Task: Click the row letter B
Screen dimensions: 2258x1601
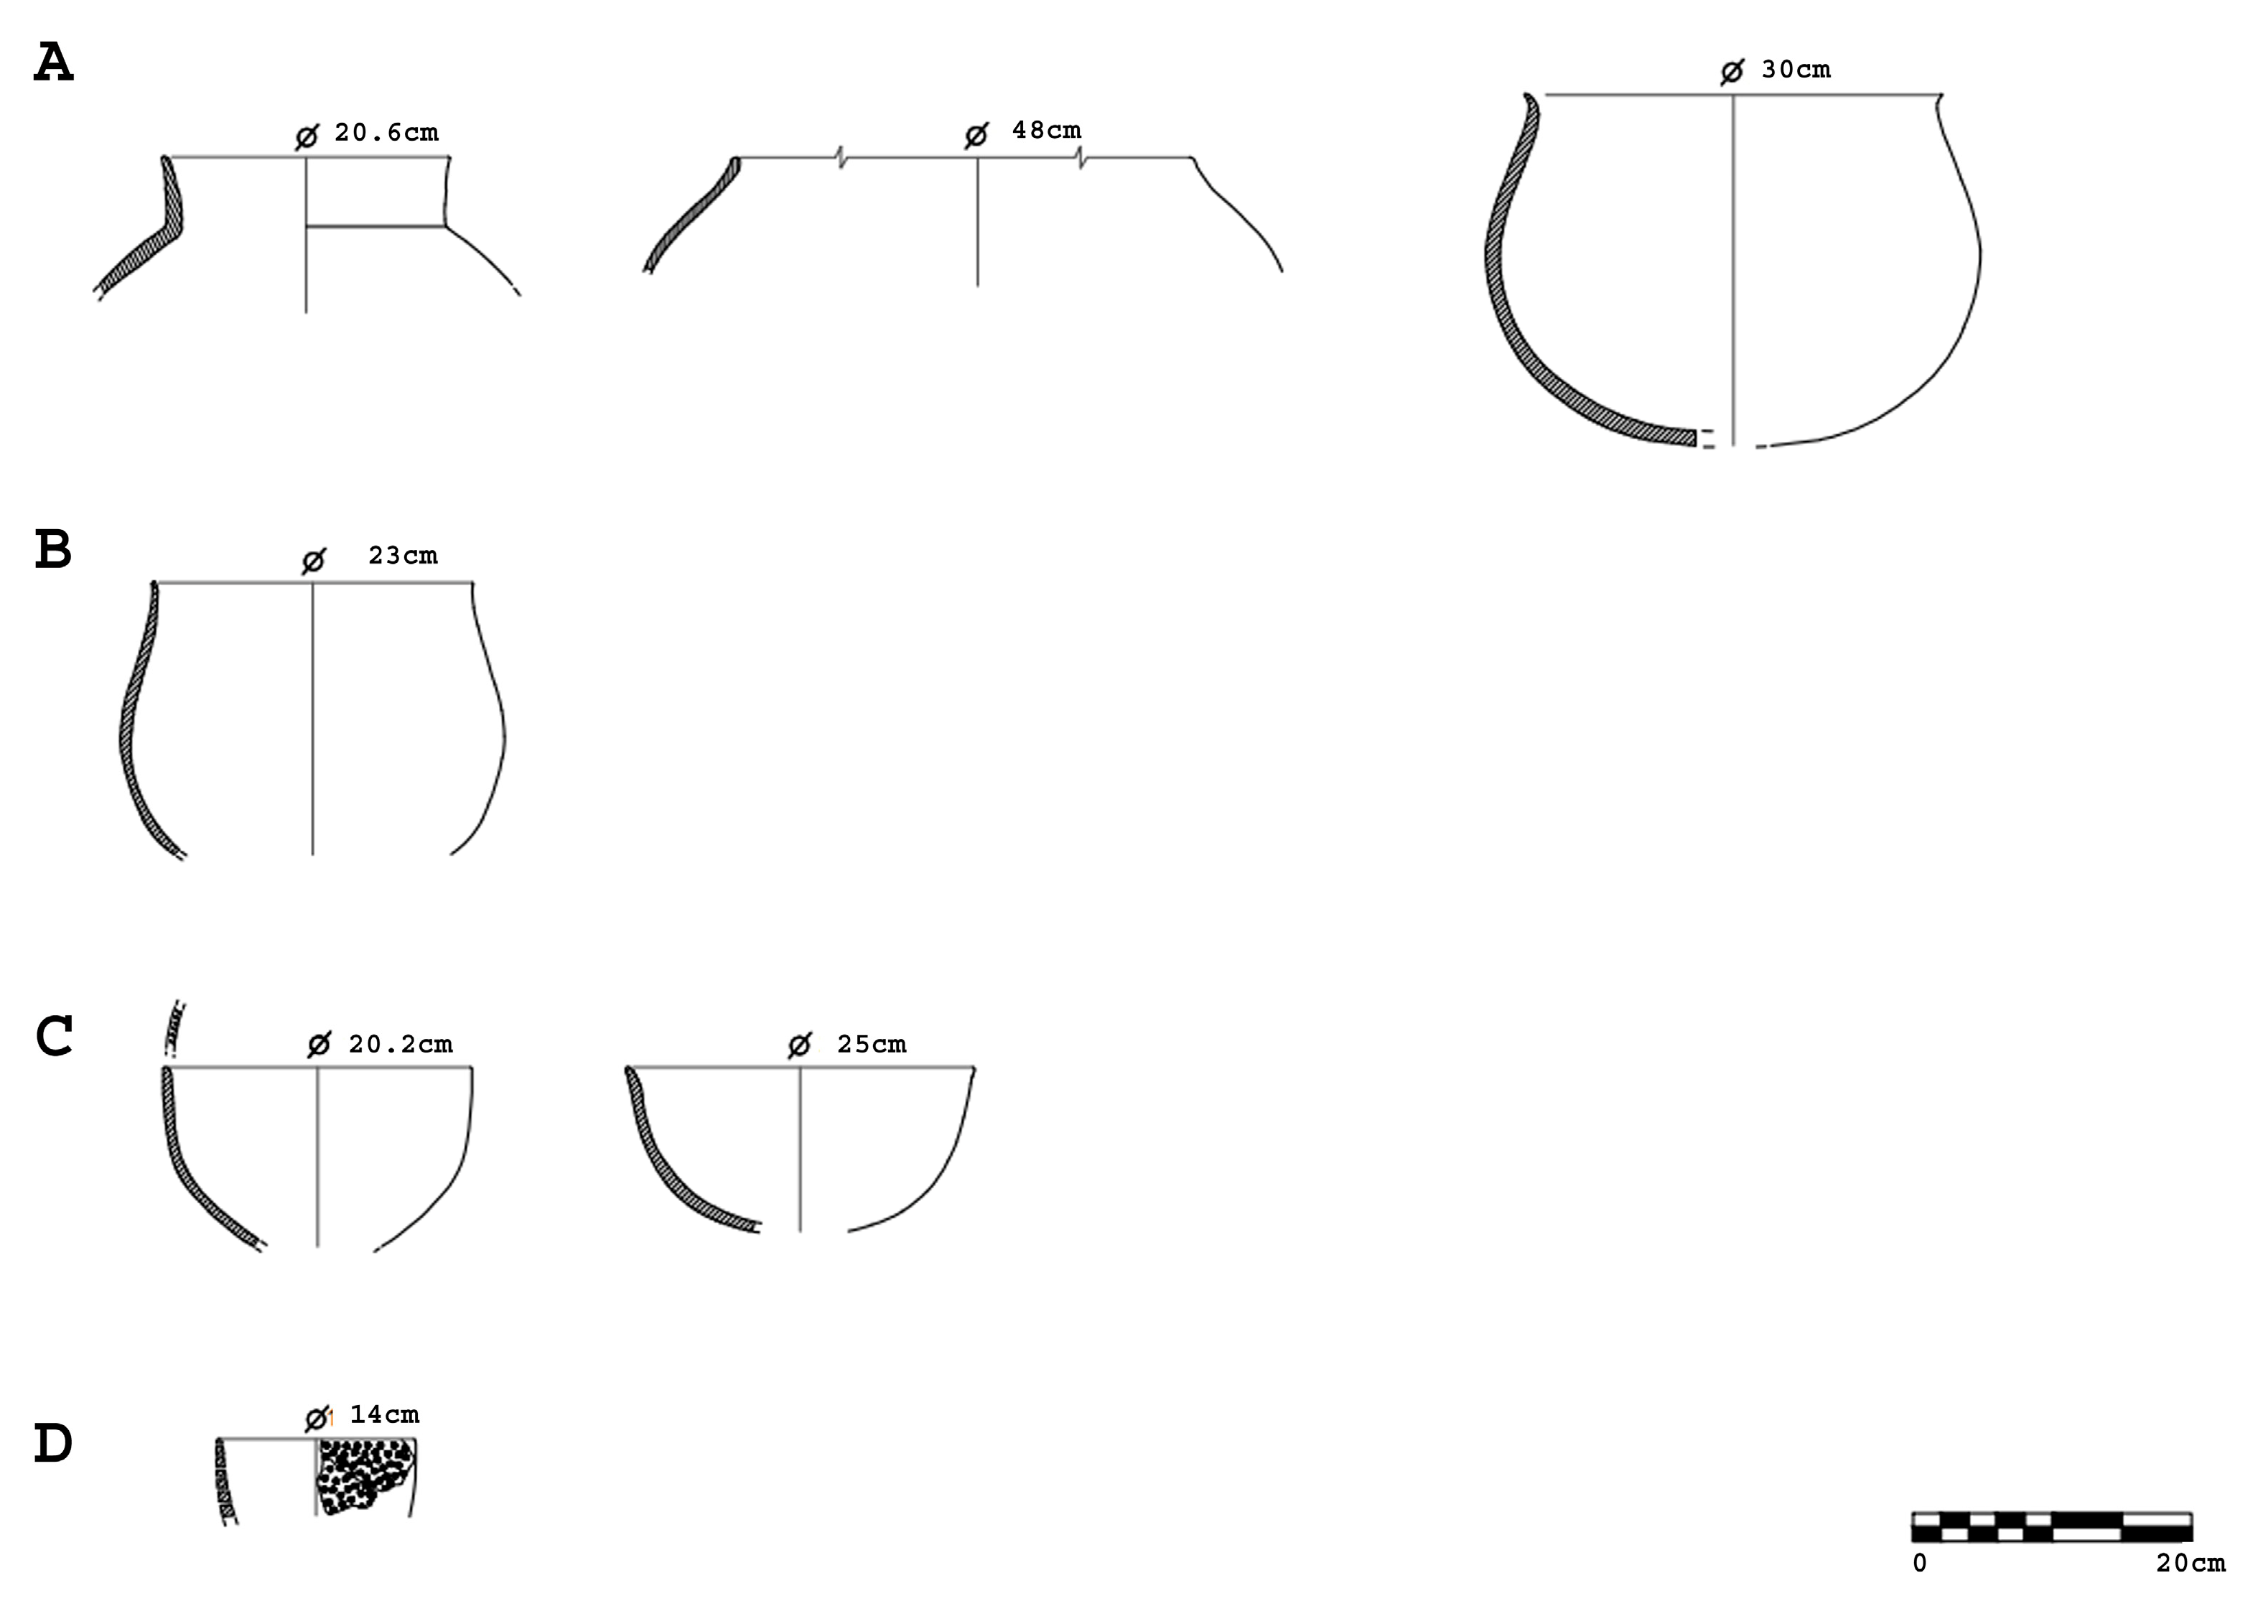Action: point(53,549)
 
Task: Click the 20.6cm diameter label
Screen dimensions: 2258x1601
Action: point(386,132)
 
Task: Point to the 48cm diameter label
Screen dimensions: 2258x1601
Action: point(1047,130)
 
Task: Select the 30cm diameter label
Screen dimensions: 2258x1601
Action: point(1796,69)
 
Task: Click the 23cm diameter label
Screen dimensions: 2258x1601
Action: point(403,555)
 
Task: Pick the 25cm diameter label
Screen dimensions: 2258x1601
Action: point(872,1044)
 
